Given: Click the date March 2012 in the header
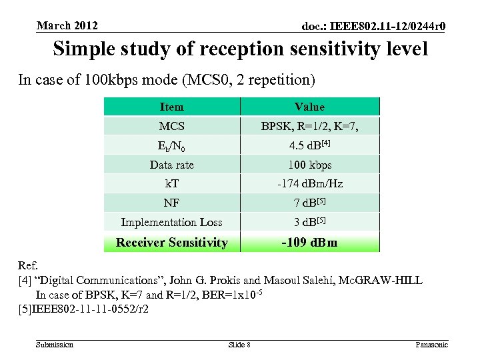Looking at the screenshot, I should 67,26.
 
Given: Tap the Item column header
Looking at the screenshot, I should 171,107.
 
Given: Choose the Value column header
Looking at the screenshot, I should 309,107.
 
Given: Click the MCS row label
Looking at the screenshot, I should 171,126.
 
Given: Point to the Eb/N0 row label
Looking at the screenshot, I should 171,145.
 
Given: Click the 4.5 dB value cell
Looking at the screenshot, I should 309,145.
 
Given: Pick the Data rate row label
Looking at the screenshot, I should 171,165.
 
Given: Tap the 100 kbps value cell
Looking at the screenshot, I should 309,165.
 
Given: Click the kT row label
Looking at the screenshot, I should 171,183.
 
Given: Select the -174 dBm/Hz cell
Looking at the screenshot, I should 309,183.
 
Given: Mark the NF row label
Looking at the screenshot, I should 171,203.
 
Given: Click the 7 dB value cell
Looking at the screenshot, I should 309,203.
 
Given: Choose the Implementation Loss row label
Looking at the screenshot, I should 171,222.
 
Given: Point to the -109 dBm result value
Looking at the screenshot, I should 309,242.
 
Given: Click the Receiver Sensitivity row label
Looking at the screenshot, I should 171,242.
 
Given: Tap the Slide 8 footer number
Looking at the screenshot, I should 239,344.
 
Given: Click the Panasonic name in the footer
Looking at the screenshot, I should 431,344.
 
